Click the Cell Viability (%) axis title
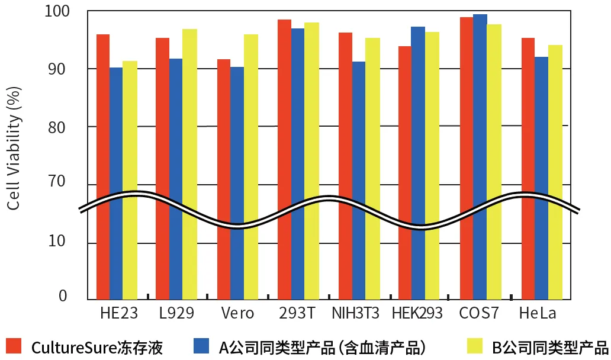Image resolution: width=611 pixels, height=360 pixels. [x=14, y=148]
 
